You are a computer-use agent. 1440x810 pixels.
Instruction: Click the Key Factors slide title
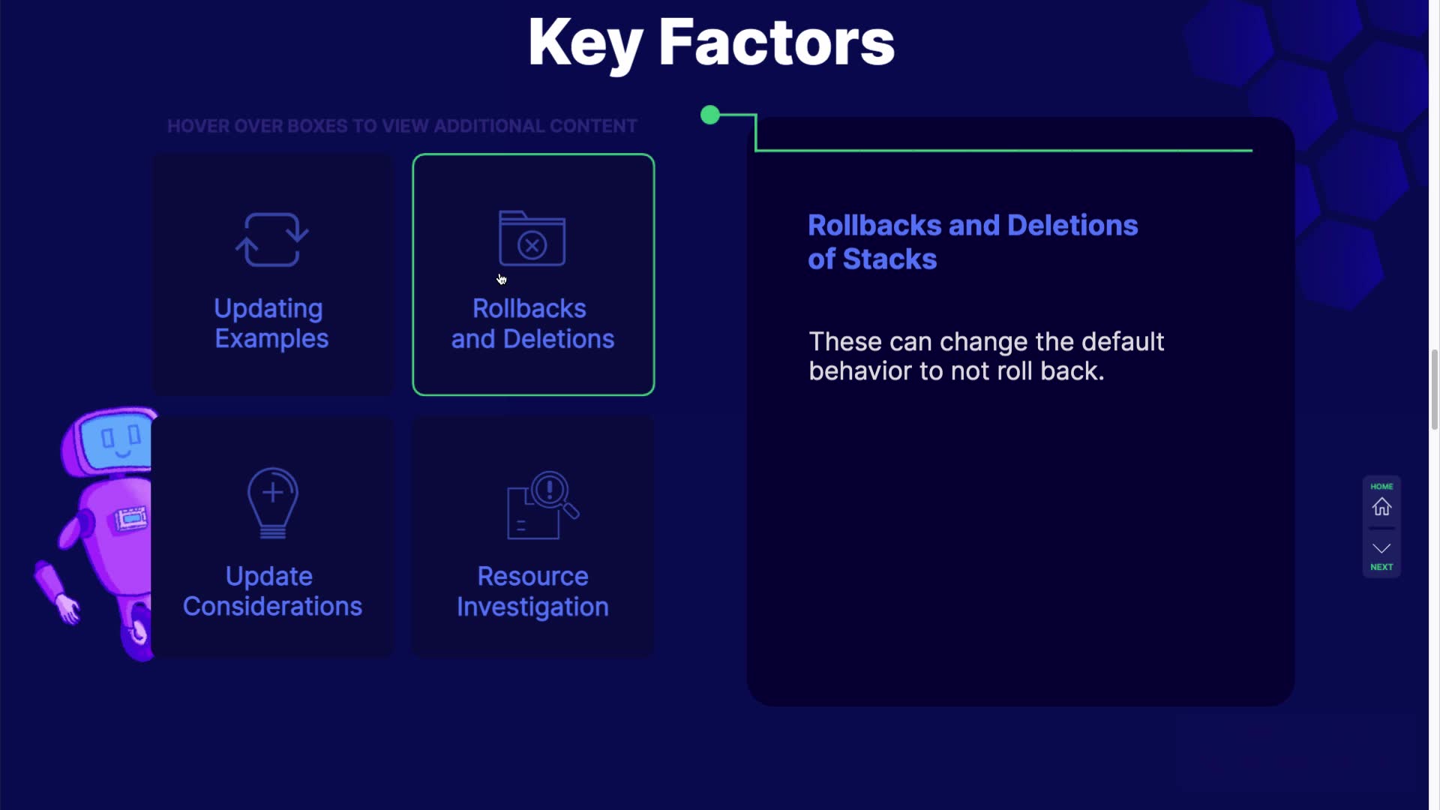tap(711, 43)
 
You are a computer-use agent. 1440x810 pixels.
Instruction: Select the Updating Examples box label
tap(271, 323)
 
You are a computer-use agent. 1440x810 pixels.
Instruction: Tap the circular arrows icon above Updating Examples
tap(271, 239)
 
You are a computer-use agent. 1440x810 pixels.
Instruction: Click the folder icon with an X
tap(532, 238)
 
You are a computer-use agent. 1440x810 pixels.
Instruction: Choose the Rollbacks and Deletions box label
tap(532, 323)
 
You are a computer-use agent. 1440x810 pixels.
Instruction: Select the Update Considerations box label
tap(272, 591)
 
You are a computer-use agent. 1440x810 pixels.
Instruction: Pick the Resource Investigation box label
tap(532, 591)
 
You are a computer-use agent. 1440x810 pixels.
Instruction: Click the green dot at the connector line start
tap(710, 115)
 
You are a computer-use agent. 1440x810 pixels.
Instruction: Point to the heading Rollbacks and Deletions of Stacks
tap(973, 242)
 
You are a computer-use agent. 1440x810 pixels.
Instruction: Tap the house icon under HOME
tap(1381, 507)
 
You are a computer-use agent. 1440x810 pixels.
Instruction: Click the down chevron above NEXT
tap(1381, 548)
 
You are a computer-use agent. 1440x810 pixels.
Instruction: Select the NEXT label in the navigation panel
tap(1381, 567)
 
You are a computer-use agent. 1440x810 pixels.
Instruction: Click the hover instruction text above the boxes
tap(402, 126)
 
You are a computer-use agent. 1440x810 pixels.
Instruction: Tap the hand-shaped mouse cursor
tap(502, 280)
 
